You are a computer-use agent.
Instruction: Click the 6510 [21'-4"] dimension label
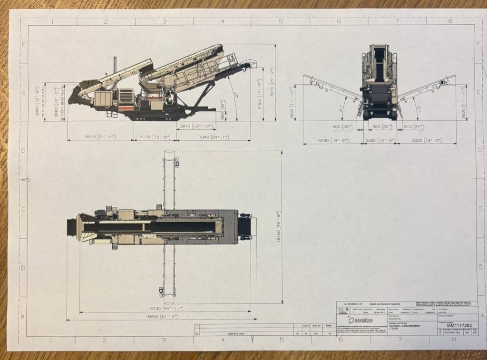tap(100, 136)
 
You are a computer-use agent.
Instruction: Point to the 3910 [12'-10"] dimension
tap(196, 126)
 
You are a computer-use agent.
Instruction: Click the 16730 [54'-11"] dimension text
tap(165, 308)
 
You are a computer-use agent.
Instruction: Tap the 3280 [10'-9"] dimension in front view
tap(379, 140)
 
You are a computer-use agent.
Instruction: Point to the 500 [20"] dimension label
tap(379, 126)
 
